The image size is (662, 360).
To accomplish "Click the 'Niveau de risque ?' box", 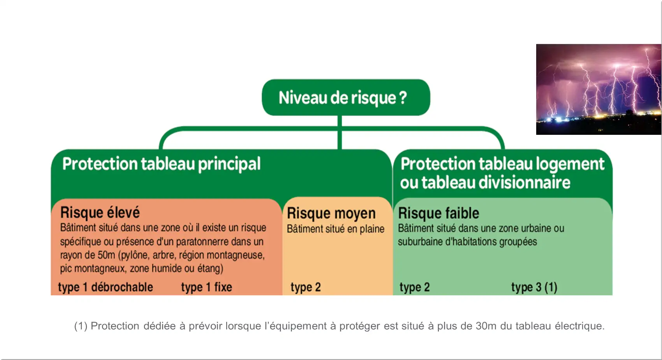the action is click(346, 97).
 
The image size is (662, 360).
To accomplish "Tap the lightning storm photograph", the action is click(599, 89).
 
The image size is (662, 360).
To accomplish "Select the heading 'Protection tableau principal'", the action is click(161, 164).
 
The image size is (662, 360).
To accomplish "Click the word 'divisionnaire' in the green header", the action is click(524, 182).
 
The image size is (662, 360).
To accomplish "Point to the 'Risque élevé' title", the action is click(100, 212).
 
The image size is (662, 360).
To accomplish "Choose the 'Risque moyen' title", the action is click(331, 214).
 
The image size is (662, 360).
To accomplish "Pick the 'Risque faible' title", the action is click(438, 213).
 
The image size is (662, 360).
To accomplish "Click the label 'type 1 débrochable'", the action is click(106, 287).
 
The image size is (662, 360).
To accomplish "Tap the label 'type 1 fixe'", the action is click(206, 287).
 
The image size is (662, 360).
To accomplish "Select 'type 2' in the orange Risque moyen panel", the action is click(306, 287).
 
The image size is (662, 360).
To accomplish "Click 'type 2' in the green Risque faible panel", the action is click(414, 287).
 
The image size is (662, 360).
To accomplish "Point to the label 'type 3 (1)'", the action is click(534, 287).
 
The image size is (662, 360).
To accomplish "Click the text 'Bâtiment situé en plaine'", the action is click(335, 229).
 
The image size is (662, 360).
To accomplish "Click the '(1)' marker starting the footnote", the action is click(81, 326).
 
